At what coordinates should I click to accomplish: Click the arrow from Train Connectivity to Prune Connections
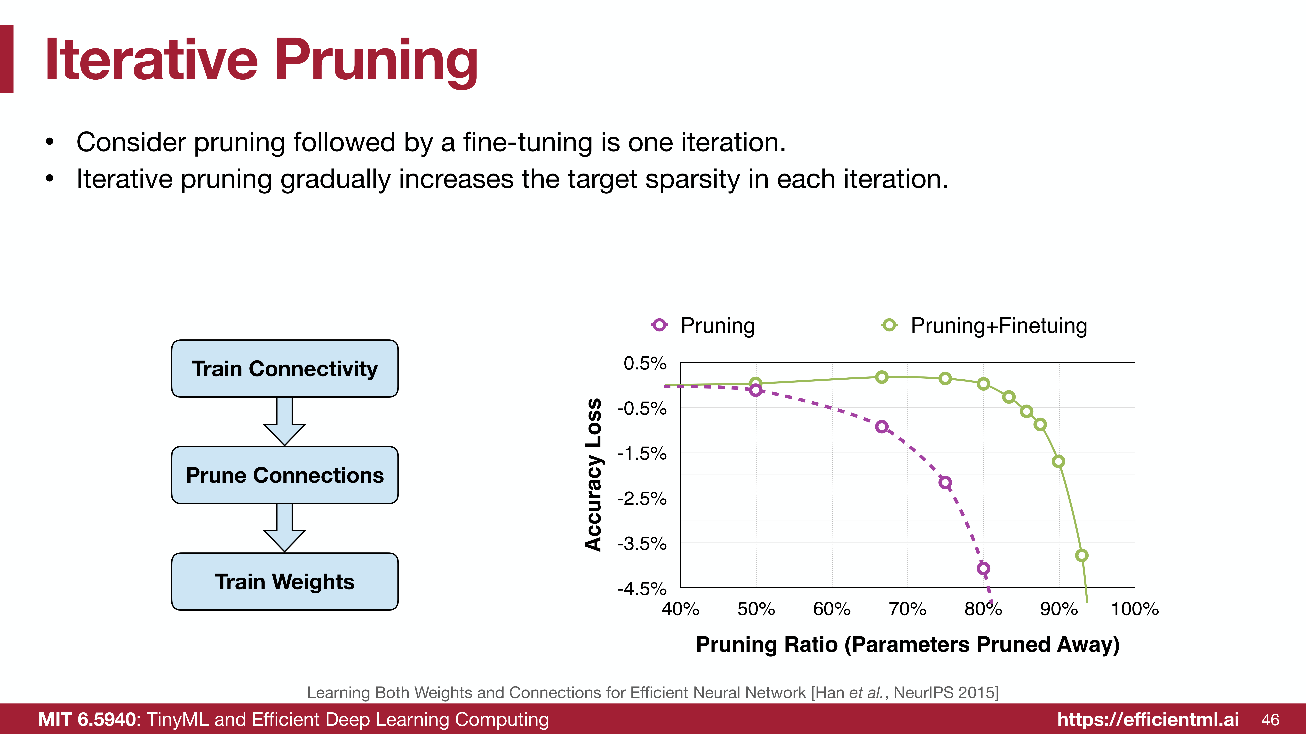(x=284, y=421)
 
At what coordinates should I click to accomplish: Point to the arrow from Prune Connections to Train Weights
(x=284, y=528)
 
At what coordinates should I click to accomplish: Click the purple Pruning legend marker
(x=659, y=325)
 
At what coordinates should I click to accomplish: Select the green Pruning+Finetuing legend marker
(x=889, y=325)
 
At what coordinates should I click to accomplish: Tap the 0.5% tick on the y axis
(x=645, y=363)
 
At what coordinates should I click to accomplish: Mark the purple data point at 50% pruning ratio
(x=755, y=390)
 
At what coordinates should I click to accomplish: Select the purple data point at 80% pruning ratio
(x=983, y=568)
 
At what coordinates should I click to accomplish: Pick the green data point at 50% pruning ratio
(x=755, y=383)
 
